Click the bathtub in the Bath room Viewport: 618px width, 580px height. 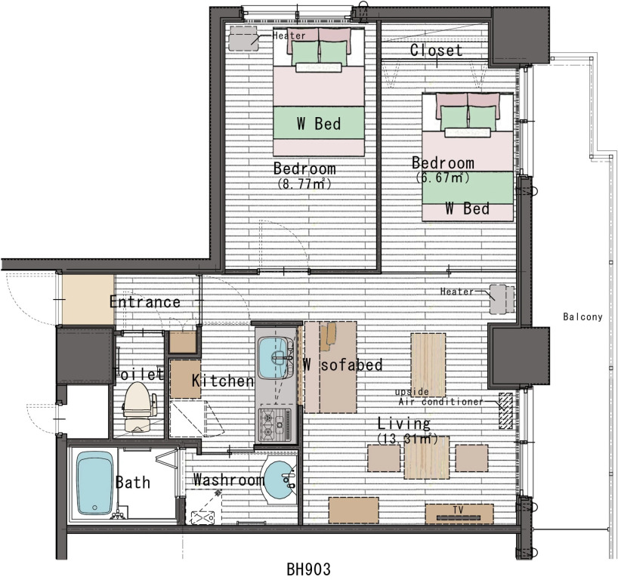[x=94, y=483]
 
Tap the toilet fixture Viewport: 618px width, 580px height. [x=138, y=406]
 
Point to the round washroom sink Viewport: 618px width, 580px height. [x=280, y=480]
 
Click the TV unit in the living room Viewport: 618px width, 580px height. [x=459, y=514]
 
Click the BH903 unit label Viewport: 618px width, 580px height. [x=308, y=569]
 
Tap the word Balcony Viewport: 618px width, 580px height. [x=582, y=316]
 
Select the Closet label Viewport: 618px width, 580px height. [x=437, y=50]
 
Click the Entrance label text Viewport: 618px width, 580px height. [x=144, y=302]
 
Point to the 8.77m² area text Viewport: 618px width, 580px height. [x=304, y=184]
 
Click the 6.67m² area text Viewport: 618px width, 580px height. [x=443, y=177]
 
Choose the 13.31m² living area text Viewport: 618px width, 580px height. [x=407, y=439]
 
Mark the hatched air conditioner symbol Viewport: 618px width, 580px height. [x=505, y=411]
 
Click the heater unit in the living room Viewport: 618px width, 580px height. [x=502, y=299]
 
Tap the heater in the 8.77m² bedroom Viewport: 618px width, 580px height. [x=243, y=39]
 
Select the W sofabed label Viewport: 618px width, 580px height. [x=342, y=365]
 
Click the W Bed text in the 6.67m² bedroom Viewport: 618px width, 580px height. [x=468, y=208]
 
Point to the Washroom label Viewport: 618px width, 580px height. [x=229, y=480]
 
